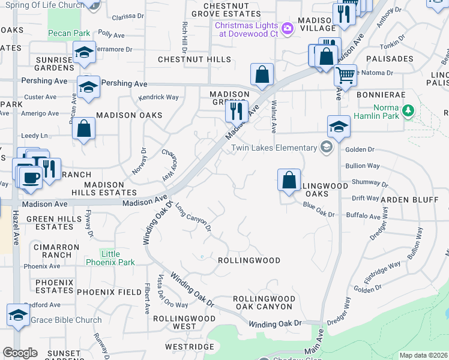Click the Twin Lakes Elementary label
tap(274, 148)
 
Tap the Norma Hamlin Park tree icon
tap(408, 110)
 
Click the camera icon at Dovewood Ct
tap(287, 28)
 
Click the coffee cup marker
tap(29, 177)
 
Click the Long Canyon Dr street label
tap(193, 217)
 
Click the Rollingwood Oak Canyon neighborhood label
tap(264, 302)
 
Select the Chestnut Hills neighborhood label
tap(194, 59)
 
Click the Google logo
tap(19, 353)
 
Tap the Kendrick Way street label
tap(158, 97)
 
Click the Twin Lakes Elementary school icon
tap(326, 148)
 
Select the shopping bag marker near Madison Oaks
tap(84, 128)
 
